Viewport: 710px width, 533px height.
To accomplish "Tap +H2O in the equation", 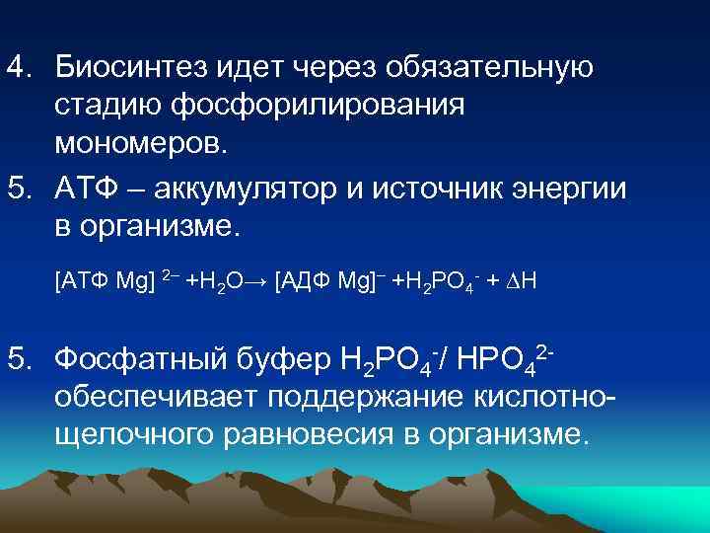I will click(x=216, y=281).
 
